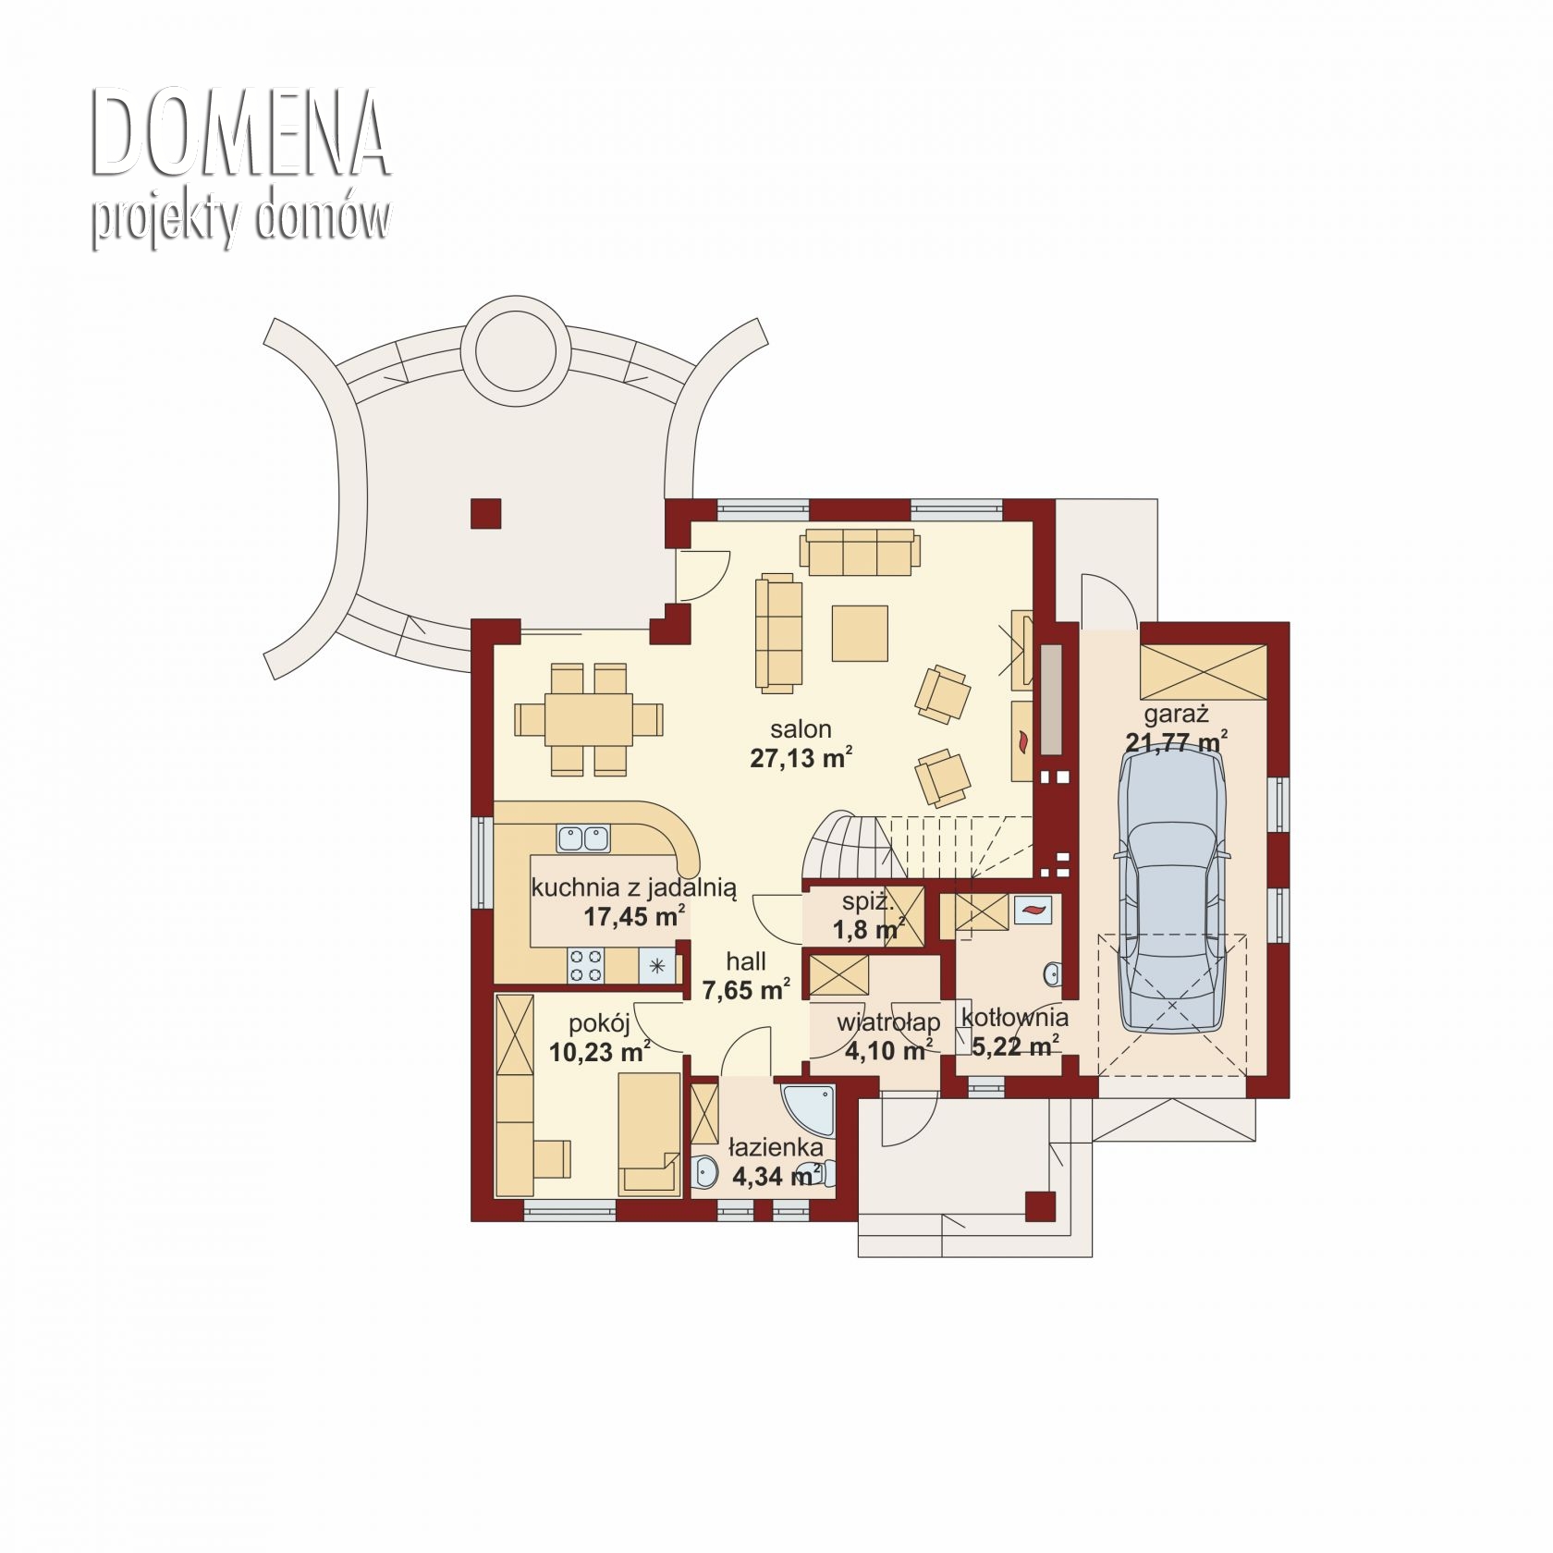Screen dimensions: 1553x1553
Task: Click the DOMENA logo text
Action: (x=240, y=133)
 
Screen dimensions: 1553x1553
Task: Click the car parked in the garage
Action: (x=1171, y=890)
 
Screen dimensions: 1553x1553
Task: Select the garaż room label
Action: (x=1176, y=714)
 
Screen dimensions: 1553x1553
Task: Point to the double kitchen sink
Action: (x=583, y=838)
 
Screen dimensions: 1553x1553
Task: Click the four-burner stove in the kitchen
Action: (x=584, y=966)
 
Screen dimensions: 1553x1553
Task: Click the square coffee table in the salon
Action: (x=860, y=633)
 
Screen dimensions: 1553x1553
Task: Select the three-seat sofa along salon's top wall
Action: (x=861, y=553)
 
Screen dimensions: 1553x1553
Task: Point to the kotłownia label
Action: (x=1015, y=1018)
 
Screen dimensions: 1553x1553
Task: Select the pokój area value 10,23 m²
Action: (x=599, y=1052)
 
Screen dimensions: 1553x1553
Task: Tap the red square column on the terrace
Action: (x=486, y=513)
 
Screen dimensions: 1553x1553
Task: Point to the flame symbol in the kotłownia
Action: (x=1030, y=910)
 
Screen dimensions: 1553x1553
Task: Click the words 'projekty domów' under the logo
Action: (x=240, y=222)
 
